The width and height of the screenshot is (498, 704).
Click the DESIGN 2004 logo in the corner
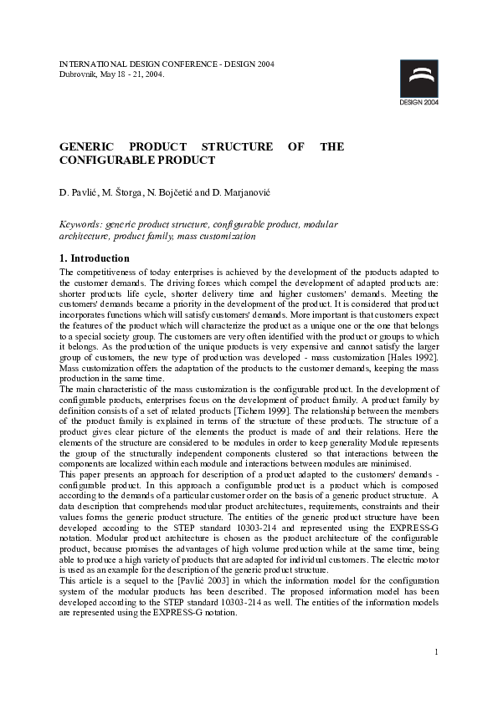coord(418,84)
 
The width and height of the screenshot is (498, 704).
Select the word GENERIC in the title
coord(86,146)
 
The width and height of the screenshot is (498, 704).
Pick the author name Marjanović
coord(247,193)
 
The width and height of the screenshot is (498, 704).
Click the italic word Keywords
coord(81,225)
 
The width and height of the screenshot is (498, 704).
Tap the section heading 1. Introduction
coord(95,258)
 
